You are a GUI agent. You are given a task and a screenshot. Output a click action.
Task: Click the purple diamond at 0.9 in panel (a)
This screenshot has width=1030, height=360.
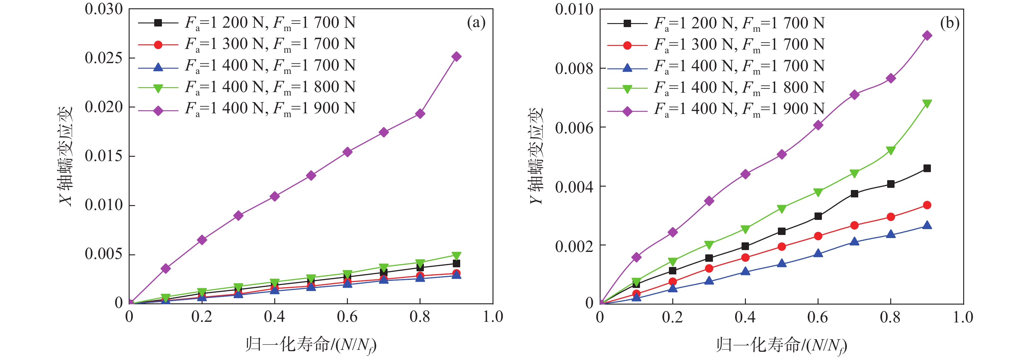(x=456, y=56)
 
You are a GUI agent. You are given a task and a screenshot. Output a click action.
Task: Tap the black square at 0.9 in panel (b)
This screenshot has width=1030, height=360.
(x=927, y=168)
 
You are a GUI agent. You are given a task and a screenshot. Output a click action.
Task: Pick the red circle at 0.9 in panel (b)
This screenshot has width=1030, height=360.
(x=927, y=205)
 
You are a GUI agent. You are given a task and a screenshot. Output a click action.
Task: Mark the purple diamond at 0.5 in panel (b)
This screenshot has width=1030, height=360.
(x=782, y=154)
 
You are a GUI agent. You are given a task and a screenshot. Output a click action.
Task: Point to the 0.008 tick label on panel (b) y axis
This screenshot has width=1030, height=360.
(x=574, y=69)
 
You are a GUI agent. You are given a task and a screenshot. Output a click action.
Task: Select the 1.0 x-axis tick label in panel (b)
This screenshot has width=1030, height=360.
(x=963, y=317)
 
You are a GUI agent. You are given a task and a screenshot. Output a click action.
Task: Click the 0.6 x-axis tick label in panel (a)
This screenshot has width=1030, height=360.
(x=347, y=317)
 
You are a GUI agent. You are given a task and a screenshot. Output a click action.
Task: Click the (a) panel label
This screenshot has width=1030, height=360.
(x=476, y=23)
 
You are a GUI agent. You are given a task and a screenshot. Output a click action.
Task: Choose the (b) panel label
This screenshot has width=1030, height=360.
(x=950, y=23)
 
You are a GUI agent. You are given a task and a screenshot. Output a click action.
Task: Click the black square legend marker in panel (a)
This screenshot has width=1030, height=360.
(x=158, y=23)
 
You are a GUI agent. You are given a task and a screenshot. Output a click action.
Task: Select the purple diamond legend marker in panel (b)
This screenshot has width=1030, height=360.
(x=627, y=111)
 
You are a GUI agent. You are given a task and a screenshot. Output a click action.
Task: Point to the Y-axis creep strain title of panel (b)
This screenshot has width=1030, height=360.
(x=536, y=156)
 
